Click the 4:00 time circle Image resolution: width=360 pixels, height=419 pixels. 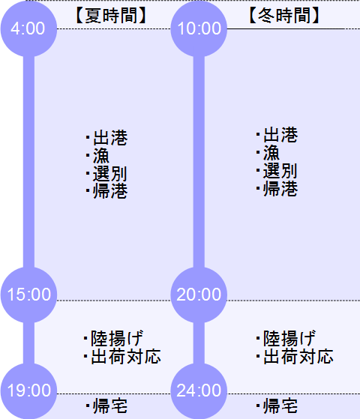(x=28, y=28)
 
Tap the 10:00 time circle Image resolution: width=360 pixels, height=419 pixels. (x=199, y=28)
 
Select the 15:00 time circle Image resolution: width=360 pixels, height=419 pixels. (x=28, y=295)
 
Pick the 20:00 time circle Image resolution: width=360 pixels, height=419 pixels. (x=199, y=295)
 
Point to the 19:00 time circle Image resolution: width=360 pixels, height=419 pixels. (x=28, y=391)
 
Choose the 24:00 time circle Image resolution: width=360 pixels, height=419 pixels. (x=199, y=391)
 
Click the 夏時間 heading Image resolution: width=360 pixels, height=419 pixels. (x=111, y=15)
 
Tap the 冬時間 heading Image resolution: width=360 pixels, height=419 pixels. (x=284, y=15)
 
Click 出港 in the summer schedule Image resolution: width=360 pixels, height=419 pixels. (x=110, y=138)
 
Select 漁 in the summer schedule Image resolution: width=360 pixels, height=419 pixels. (x=101, y=155)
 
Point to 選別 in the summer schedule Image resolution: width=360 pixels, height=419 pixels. (x=109, y=173)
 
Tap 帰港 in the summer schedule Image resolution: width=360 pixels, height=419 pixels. (x=110, y=191)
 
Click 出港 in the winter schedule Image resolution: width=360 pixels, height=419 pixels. (x=280, y=135)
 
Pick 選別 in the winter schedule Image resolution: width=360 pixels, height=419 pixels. (x=280, y=171)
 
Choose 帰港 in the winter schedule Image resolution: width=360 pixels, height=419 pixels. (x=280, y=188)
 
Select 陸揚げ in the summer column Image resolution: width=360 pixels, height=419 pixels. (x=117, y=339)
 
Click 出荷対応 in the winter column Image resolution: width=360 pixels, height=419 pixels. (x=298, y=357)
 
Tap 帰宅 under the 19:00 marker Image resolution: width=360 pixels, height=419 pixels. (x=110, y=406)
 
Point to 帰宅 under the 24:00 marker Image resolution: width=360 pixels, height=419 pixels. (x=280, y=406)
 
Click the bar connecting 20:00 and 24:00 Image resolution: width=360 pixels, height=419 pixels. (x=199, y=343)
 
